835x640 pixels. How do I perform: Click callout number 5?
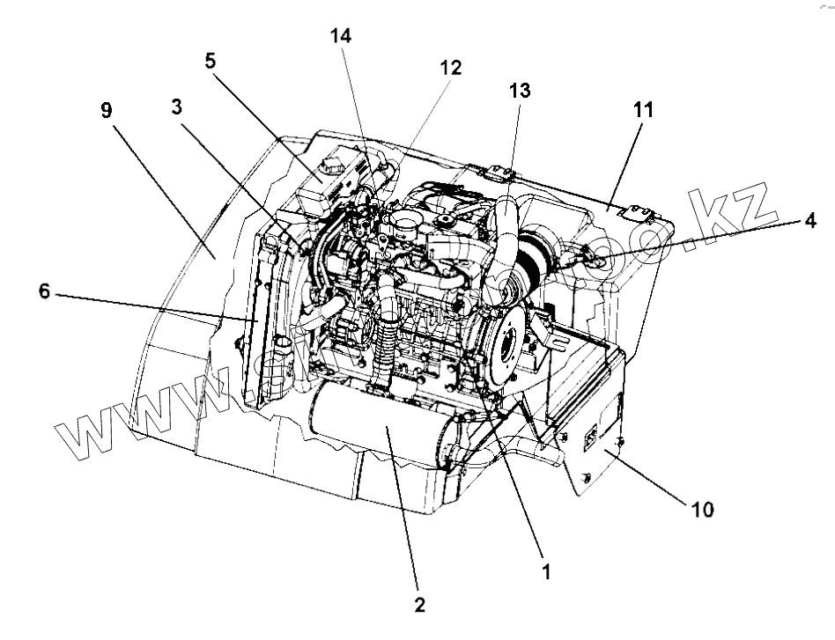[x=211, y=62]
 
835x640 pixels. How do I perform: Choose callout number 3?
[x=177, y=107]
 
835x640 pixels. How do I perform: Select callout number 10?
[x=703, y=509]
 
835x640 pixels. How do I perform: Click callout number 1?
[x=545, y=571]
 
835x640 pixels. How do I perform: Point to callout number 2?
[x=418, y=605]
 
